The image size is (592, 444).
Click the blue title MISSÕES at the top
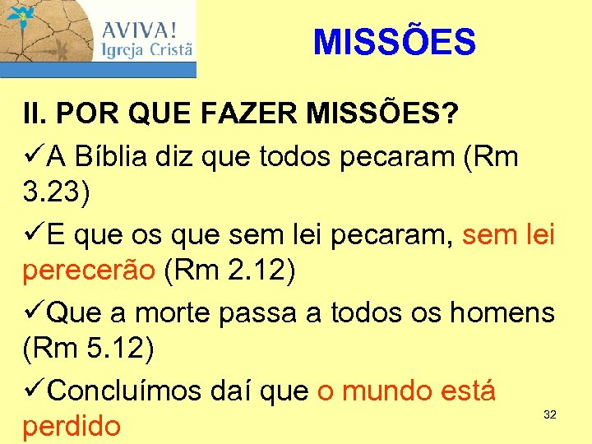tap(394, 42)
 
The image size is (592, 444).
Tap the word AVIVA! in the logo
tap(139, 30)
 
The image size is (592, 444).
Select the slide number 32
tap(550, 415)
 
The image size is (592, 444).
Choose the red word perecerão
tap(89, 272)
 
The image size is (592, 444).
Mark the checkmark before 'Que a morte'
tap(33, 312)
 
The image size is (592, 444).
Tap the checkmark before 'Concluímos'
tap(33, 389)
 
